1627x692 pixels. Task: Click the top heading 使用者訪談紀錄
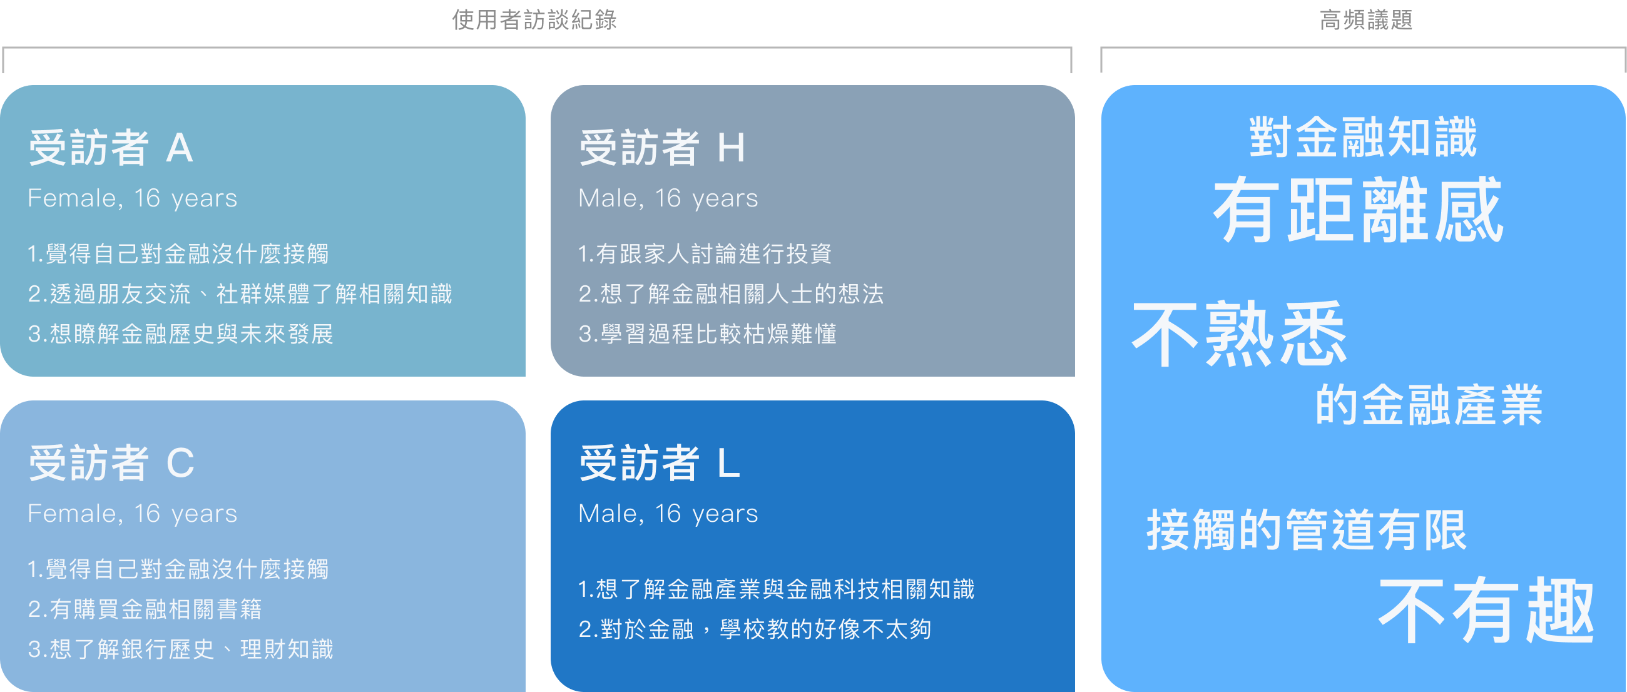coord(534,20)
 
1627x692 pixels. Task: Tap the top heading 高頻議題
coord(1365,20)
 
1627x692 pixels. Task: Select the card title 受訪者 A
coord(111,148)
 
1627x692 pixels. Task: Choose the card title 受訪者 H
coord(662,148)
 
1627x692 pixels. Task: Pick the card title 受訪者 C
coord(111,463)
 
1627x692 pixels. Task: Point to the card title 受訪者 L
coord(660,463)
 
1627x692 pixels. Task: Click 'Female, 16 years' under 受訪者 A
coord(133,198)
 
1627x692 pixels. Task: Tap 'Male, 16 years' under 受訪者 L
coord(668,513)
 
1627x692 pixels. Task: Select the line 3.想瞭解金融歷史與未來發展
coord(181,333)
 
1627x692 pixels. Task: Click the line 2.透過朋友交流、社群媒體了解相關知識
coord(240,293)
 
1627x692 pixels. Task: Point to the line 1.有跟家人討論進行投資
coord(705,254)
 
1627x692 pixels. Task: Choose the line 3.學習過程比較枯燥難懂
coord(707,333)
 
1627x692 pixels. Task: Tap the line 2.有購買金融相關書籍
coord(145,609)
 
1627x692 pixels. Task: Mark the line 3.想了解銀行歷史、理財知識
coord(181,648)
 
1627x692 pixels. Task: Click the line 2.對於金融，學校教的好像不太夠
coord(755,629)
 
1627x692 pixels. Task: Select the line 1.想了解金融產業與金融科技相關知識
coord(776,589)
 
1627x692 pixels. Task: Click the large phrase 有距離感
coord(1358,210)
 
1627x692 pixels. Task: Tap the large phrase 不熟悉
coord(1239,334)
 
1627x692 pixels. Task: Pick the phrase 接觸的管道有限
coord(1306,531)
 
